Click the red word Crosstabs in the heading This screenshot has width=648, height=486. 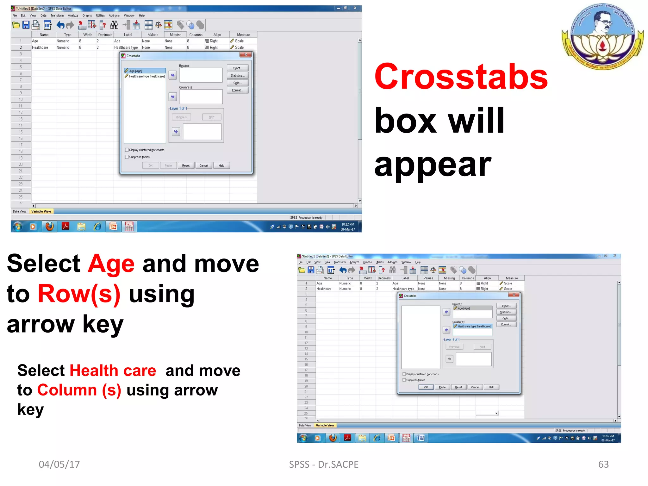[460, 77]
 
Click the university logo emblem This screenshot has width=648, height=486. [602, 36]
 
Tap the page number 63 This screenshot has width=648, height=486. [603, 464]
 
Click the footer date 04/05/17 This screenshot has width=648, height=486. [59, 464]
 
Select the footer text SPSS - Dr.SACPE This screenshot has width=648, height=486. [323, 464]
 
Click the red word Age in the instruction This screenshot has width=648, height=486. [111, 264]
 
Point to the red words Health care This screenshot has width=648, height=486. [113, 371]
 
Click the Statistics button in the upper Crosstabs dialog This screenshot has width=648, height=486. [237, 76]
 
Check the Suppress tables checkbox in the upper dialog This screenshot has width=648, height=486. [127, 157]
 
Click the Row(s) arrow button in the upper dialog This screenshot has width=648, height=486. [172, 75]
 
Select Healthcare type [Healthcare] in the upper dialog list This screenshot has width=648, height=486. [146, 77]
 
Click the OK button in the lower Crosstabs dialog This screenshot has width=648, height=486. [426, 387]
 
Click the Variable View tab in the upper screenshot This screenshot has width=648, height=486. [41, 211]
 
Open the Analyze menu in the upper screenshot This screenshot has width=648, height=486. [73, 16]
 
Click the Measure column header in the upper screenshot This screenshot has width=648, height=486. [243, 35]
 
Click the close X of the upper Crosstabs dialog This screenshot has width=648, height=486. [246, 55]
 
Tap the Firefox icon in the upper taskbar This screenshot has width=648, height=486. [49, 227]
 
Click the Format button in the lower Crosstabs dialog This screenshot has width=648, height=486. [506, 325]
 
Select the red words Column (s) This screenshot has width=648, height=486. [79, 390]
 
